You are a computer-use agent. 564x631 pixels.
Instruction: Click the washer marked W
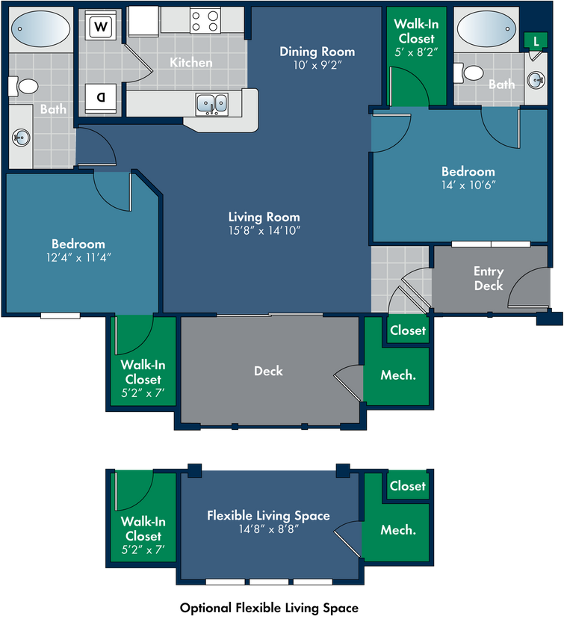pos(101,27)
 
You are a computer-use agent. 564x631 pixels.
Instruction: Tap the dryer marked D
pos(101,98)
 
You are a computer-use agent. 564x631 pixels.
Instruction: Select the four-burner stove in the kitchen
pos(205,21)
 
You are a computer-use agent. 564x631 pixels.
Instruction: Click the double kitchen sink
pos(212,104)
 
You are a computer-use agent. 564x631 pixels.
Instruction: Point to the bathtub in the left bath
pos(40,29)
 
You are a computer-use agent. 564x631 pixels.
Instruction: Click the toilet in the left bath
pos(24,87)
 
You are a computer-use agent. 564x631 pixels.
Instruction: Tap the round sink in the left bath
pos(20,138)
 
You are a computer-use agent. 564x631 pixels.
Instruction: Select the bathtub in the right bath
pos(486,28)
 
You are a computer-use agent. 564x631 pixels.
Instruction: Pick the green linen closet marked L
pos(536,40)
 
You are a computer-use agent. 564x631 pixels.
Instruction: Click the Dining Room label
pos(317,52)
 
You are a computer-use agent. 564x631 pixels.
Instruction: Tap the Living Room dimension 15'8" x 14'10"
pos(264,230)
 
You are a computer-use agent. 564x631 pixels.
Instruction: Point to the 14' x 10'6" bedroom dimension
pos(468,185)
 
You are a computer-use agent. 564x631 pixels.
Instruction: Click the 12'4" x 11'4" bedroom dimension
pos(78,257)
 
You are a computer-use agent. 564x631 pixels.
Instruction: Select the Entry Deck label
pos(489,278)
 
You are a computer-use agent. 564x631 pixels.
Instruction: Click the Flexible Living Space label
pos(268,516)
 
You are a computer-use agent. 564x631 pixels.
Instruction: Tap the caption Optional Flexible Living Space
pos(269,608)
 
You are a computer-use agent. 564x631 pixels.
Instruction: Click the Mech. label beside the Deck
pos(398,375)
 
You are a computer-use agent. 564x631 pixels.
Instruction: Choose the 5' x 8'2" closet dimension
pos(416,52)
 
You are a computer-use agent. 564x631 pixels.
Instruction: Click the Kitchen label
pos(191,62)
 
